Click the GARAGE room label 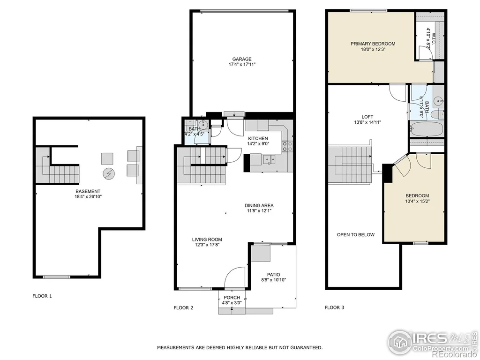(242, 59)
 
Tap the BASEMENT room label (88, 191)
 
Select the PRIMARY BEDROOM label (373, 44)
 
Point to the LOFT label (367, 117)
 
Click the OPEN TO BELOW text (356, 235)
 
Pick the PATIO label (273, 275)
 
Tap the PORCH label (232, 298)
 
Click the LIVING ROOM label (207, 240)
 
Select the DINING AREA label (259, 205)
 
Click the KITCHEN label (258, 138)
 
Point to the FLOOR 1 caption (42, 296)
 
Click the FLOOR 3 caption (334, 307)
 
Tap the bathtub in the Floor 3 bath (427, 129)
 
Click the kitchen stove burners (287, 146)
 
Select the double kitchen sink (269, 159)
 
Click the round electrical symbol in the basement (108, 173)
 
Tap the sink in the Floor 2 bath (202, 125)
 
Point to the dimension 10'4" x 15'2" (417, 201)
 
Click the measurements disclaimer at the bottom (240, 347)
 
